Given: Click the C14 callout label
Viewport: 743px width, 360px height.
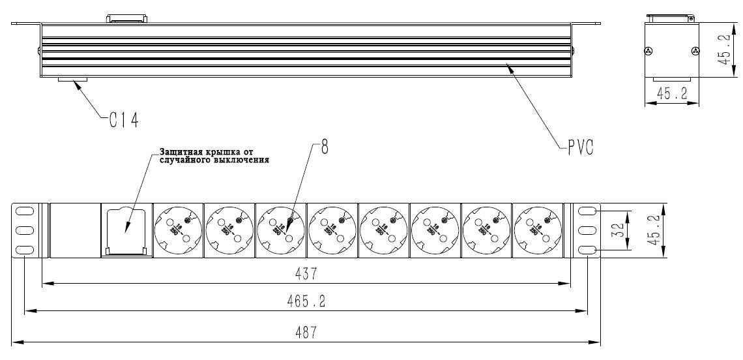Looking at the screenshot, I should [x=123, y=119].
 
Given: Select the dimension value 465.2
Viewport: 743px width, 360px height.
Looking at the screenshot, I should [x=307, y=301].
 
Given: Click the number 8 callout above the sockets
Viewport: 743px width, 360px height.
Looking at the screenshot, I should [x=324, y=147].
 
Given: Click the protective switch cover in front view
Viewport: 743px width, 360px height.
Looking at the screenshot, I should [x=126, y=230].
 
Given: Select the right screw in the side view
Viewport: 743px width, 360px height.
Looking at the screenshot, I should [x=695, y=51].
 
